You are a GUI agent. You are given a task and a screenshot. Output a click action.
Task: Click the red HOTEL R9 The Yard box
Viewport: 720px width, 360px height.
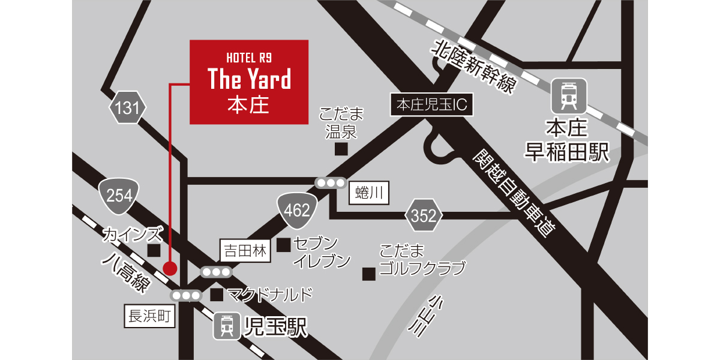tap(249, 82)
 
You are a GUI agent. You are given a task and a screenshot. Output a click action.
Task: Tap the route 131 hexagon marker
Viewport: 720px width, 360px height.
tap(127, 109)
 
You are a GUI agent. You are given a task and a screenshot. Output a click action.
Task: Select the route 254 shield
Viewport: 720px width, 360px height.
tap(119, 196)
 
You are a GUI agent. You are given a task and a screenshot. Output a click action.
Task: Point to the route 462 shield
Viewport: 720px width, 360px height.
tap(297, 210)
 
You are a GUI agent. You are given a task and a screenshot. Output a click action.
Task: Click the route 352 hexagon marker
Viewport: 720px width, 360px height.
tap(424, 217)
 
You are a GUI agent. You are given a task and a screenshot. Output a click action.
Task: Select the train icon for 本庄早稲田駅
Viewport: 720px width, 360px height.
tap(568, 95)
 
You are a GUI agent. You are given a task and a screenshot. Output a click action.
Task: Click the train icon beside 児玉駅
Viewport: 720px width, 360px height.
tap(227, 326)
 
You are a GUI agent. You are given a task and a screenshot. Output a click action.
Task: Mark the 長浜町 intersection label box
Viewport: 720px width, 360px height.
tap(150, 316)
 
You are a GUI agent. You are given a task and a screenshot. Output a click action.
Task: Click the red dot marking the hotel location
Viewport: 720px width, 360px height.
tap(170, 268)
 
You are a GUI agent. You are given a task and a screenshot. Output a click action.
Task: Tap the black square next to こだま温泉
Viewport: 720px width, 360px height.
tap(341, 149)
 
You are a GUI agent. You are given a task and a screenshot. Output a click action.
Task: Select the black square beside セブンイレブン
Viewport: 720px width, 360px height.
tap(284, 244)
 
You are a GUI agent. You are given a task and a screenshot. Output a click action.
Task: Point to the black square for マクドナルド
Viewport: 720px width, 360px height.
tap(217, 295)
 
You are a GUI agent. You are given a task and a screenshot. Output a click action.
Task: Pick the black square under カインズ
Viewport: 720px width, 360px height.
tap(154, 250)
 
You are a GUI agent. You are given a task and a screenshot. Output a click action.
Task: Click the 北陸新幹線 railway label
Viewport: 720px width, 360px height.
tap(474, 66)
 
